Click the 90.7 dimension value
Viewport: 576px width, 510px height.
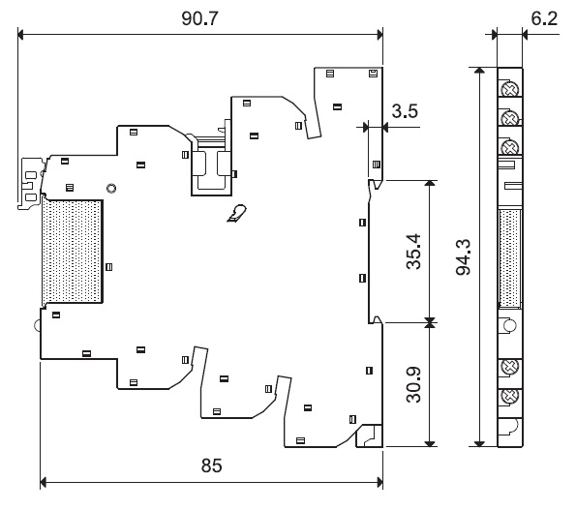tap(199, 18)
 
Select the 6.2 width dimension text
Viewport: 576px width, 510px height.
tap(544, 18)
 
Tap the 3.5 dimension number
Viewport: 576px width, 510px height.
tap(405, 111)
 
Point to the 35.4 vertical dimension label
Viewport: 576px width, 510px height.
tap(413, 252)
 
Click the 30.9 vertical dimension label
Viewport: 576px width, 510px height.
tap(413, 384)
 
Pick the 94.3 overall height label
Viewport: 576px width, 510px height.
tap(463, 257)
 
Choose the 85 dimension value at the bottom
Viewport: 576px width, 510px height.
tap(212, 465)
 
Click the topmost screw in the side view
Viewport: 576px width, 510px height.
tap(510, 89)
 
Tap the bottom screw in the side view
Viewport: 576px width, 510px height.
tap(510, 395)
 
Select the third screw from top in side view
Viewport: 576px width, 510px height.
tap(510, 148)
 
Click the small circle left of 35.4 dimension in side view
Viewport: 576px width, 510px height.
tap(510, 325)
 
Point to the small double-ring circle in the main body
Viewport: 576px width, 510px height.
tap(111, 189)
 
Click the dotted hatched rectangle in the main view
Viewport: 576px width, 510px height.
tap(73, 252)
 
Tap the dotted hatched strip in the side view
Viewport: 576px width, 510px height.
tap(510, 258)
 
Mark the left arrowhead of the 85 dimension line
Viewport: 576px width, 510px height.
tap(44, 482)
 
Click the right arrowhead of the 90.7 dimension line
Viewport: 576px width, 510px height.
tap(379, 35)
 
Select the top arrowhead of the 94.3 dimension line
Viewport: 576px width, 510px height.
tap(479, 71)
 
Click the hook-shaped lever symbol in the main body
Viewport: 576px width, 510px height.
tap(237, 213)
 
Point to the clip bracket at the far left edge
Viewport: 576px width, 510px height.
tap(30, 184)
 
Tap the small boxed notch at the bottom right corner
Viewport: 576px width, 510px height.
tap(369, 435)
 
